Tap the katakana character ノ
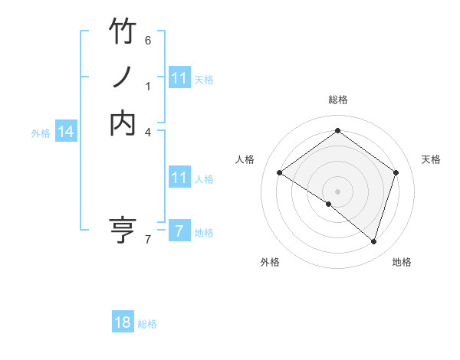(x=123, y=78)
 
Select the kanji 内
(x=123, y=123)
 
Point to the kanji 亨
(x=123, y=230)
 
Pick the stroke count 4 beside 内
(x=148, y=132)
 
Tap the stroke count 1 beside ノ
(x=148, y=86)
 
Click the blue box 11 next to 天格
(x=179, y=78)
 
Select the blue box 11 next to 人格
(x=179, y=178)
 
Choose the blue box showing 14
(x=66, y=132)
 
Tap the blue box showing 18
(x=123, y=322)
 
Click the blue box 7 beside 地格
(x=179, y=231)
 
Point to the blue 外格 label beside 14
(x=41, y=133)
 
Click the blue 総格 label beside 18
(x=147, y=324)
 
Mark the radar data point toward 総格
(x=337, y=131)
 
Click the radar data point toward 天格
(x=396, y=172)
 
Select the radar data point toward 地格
(x=373, y=241)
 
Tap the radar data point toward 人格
(x=279, y=172)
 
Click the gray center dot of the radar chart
(x=337, y=191)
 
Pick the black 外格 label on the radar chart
(x=270, y=262)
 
